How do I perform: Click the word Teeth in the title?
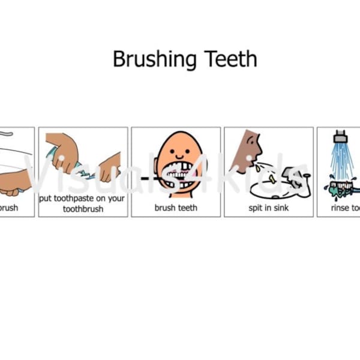click(230, 59)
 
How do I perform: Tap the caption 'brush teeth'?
click(176, 208)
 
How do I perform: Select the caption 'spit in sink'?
click(268, 208)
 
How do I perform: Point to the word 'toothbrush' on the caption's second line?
click(83, 209)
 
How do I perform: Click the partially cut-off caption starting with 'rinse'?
click(346, 208)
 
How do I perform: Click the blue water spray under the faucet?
click(343, 159)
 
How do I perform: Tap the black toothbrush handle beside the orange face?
click(150, 179)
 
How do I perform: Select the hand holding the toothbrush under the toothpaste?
click(110, 167)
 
